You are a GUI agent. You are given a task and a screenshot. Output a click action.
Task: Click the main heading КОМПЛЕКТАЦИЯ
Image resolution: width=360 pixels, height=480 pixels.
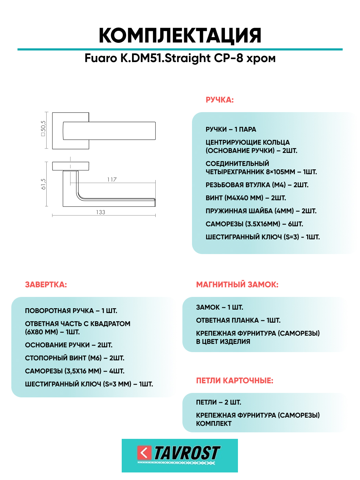click(180, 35)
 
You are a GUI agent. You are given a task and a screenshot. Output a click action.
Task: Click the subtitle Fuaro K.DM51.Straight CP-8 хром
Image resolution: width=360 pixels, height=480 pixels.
click(180, 58)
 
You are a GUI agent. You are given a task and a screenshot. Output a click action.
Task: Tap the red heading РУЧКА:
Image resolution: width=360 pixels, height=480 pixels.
click(219, 100)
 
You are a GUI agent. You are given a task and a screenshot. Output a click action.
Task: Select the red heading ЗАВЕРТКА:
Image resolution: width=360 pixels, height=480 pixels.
click(46, 285)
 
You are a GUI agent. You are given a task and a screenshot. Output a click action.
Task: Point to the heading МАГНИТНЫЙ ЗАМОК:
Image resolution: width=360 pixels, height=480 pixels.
click(237, 285)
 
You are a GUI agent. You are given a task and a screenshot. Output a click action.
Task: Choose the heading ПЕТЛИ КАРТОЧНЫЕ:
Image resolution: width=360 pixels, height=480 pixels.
click(235, 381)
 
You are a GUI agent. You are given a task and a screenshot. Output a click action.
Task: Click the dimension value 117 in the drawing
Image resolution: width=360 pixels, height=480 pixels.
click(112, 180)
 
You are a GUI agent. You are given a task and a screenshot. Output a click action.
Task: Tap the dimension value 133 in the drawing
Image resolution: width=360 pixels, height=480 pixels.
click(100, 212)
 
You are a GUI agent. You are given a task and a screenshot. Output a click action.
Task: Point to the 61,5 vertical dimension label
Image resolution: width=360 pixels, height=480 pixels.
click(43, 184)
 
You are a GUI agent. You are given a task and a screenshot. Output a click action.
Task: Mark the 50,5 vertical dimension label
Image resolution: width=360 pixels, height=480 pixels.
click(43, 129)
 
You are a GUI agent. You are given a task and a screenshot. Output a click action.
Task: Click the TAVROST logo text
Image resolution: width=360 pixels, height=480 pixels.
click(187, 453)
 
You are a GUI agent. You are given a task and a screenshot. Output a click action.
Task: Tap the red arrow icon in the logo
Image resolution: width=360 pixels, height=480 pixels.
click(144, 453)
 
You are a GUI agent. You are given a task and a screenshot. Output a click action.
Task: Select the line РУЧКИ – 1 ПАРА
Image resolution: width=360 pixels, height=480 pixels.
click(231, 130)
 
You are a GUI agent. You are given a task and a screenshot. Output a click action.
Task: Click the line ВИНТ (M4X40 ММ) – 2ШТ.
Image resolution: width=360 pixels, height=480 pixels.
click(245, 198)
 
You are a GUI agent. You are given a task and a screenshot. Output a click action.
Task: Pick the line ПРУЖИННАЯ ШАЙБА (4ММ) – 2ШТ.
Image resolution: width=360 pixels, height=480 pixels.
click(261, 211)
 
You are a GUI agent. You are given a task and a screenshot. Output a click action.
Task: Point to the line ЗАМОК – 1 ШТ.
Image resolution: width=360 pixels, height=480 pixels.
click(219, 308)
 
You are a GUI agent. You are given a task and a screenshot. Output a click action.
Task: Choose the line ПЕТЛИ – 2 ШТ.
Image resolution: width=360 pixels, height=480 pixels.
click(218, 403)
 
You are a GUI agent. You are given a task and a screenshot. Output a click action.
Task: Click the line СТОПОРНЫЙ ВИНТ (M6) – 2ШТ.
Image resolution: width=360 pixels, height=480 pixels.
click(75, 358)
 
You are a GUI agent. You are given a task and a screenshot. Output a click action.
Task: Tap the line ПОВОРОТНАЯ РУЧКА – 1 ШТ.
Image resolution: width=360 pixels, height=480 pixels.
click(71, 311)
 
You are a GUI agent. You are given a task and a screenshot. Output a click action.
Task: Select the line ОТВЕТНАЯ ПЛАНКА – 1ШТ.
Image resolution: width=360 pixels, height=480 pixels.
click(238, 321)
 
